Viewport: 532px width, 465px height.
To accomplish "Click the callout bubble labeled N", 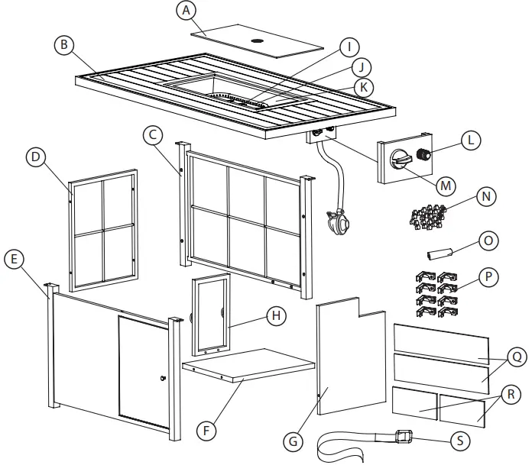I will (484, 196).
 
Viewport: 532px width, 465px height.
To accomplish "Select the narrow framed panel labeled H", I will (210, 313).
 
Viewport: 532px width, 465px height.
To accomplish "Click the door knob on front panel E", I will (163, 379).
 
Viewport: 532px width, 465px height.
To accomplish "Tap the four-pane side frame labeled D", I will (103, 231).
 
